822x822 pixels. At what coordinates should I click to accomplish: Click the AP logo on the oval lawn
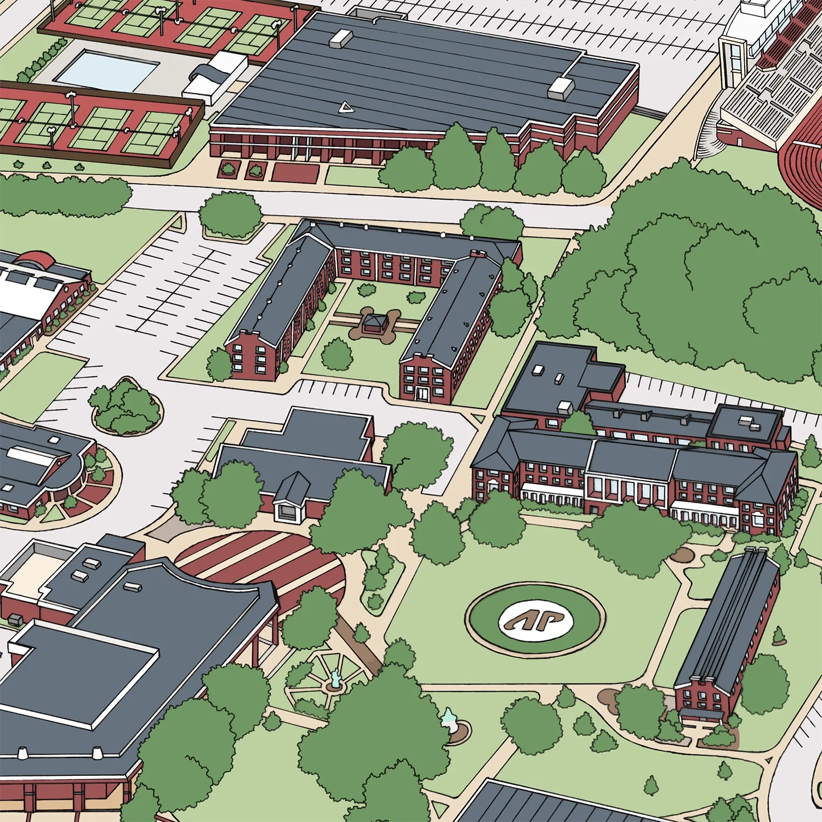(535, 620)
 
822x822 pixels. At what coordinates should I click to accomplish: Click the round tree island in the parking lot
(126, 407)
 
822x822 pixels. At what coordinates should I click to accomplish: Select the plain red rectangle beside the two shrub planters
(296, 172)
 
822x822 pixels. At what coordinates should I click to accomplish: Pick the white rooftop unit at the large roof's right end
(560, 87)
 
